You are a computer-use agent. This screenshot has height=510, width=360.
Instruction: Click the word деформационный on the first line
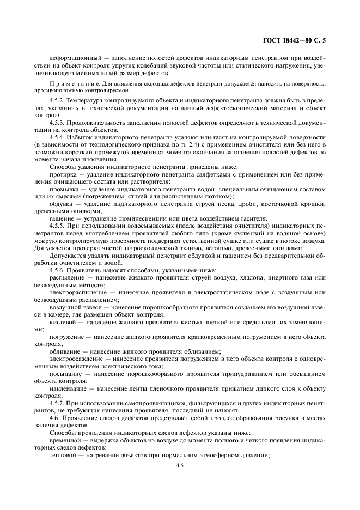click(72, 58)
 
